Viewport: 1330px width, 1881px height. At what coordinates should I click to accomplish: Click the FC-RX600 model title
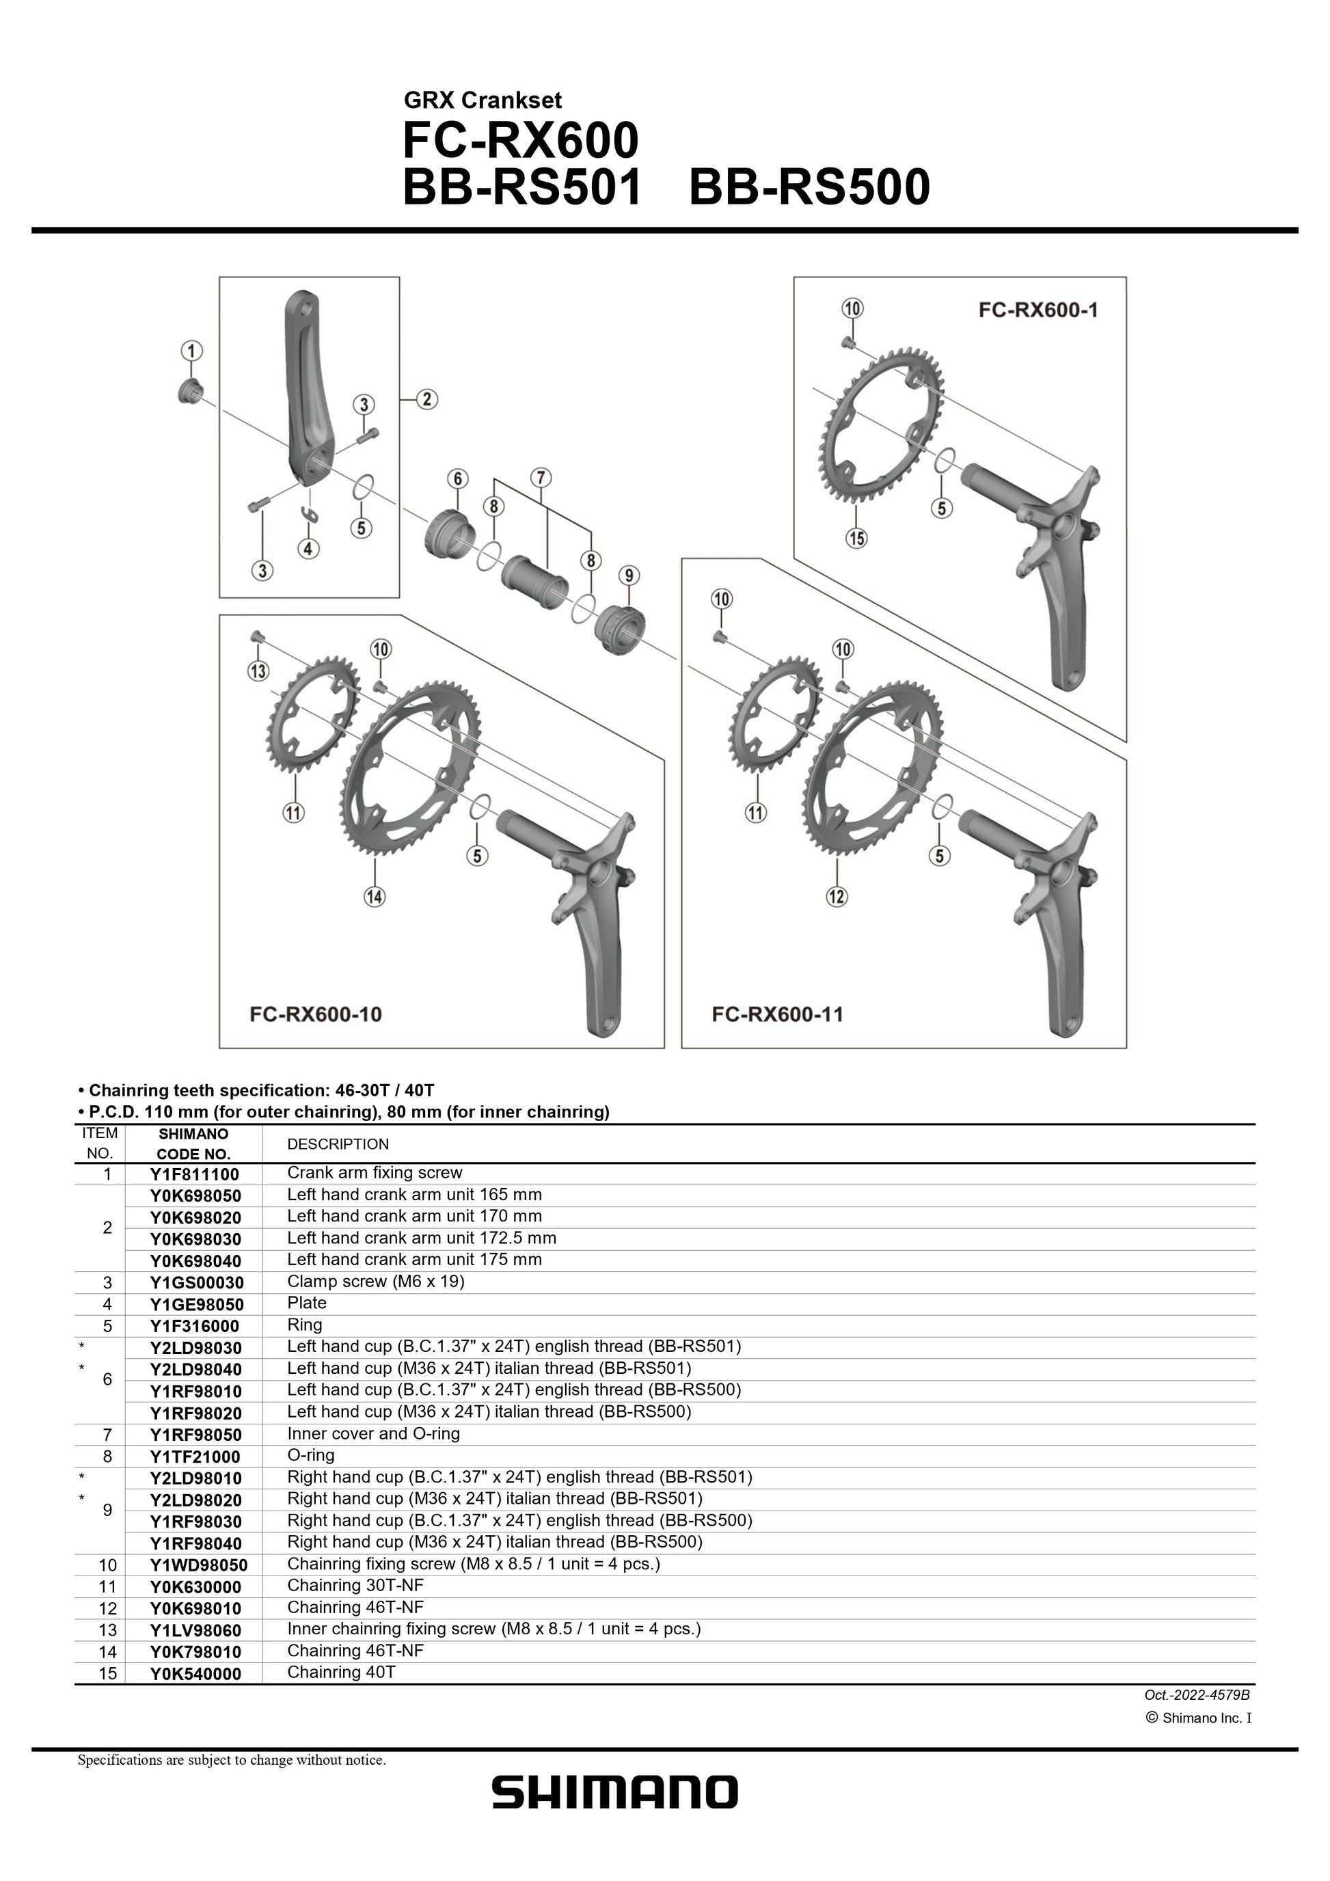pyautogui.click(x=520, y=141)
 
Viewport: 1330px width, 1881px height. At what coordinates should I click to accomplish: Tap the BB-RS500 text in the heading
pyautogui.click(x=809, y=187)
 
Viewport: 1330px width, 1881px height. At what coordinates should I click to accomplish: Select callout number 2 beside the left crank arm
pyautogui.click(x=426, y=400)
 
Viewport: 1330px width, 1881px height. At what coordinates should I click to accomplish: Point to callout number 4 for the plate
pyautogui.click(x=308, y=548)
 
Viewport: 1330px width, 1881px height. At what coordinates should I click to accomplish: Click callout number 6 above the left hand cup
pyautogui.click(x=457, y=479)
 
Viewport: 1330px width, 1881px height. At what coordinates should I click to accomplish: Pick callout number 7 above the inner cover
pyautogui.click(x=541, y=477)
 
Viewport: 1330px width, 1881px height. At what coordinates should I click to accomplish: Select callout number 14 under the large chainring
pyautogui.click(x=375, y=896)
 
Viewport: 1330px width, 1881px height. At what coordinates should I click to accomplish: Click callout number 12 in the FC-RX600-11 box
pyautogui.click(x=836, y=896)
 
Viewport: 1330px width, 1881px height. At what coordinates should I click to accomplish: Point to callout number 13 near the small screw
pyautogui.click(x=258, y=672)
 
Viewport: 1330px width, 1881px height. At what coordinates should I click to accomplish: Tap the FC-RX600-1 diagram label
pyautogui.click(x=1037, y=310)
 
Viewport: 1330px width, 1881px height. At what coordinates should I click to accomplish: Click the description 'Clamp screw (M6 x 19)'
pyautogui.click(x=375, y=1282)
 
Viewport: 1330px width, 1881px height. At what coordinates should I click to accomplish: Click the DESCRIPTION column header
pyautogui.click(x=338, y=1144)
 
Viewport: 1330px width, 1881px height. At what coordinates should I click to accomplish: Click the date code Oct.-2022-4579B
pyautogui.click(x=1197, y=1695)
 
